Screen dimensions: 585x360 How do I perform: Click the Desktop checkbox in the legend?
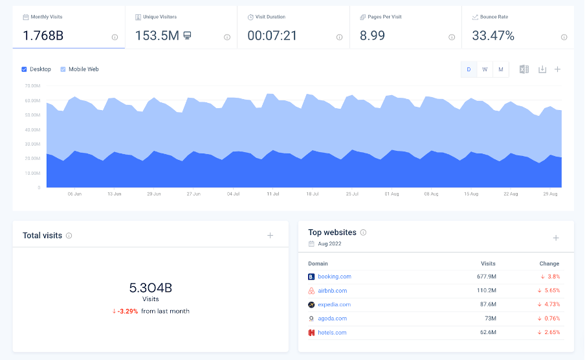(24, 69)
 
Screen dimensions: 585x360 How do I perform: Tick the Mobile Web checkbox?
(63, 69)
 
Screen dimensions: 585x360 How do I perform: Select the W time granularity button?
(485, 69)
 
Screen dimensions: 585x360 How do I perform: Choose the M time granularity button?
(501, 69)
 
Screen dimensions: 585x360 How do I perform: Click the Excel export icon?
(524, 69)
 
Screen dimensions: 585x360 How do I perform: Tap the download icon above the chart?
(542, 69)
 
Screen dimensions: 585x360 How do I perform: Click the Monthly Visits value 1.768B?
(43, 36)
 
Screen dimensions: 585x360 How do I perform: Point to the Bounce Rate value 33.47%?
(493, 36)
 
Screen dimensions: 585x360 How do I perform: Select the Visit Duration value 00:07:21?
(272, 36)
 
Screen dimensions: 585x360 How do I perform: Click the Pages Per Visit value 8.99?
(372, 36)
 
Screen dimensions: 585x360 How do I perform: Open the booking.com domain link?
(335, 276)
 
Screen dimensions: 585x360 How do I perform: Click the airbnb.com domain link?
(333, 291)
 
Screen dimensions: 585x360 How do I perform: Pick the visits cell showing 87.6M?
(488, 304)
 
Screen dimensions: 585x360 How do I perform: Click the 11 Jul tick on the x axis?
(272, 194)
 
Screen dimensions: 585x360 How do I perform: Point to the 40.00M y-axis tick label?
(32, 129)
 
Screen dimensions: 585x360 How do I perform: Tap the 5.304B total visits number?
(151, 287)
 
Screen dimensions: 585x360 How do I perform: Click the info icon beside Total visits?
(69, 236)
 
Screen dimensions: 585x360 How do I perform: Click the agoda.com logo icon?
(311, 319)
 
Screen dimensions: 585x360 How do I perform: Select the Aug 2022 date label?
(329, 243)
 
